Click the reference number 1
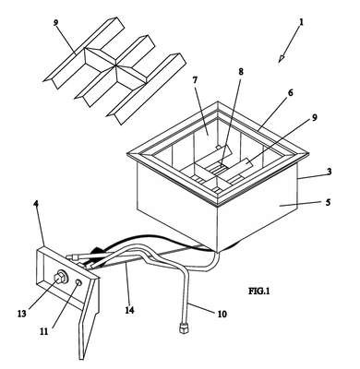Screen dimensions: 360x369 [x=302, y=22]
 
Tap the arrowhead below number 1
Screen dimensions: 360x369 [x=282, y=58]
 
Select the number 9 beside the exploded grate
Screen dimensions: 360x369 [x=55, y=23]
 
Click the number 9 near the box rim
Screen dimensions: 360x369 [x=314, y=118]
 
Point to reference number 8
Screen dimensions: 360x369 [x=241, y=72]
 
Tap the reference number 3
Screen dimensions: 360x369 [x=330, y=172]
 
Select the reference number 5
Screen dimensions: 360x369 [x=328, y=202]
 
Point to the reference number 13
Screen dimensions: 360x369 [x=22, y=314]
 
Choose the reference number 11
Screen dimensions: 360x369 [x=43, y=331]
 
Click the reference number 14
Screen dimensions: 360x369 [x=129, y=310]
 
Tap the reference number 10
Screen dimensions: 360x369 [x=222, y=314]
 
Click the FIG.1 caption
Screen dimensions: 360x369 [x=259, y=291]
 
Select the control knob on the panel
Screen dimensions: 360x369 [x=59, y=277]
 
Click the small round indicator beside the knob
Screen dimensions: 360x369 [x=78, y=282]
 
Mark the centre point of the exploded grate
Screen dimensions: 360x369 [x=115, y=65]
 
